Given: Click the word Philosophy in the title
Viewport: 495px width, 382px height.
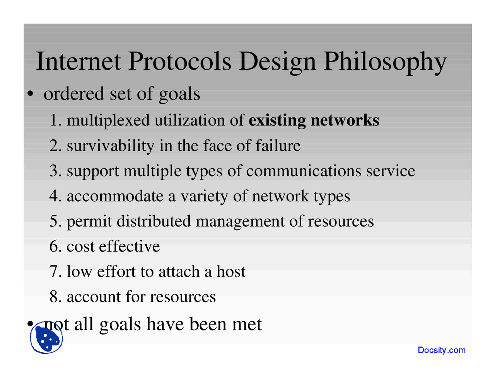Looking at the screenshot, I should click(385, 62).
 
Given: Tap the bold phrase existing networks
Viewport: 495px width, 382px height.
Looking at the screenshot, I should click(314, 120).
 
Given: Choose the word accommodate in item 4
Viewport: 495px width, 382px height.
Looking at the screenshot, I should click(115, 196).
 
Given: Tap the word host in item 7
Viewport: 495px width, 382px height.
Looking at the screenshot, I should click(230, 272).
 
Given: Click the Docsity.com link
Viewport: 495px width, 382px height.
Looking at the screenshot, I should click(441, 350).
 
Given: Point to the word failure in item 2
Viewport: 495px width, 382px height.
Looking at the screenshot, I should click(278, 146).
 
